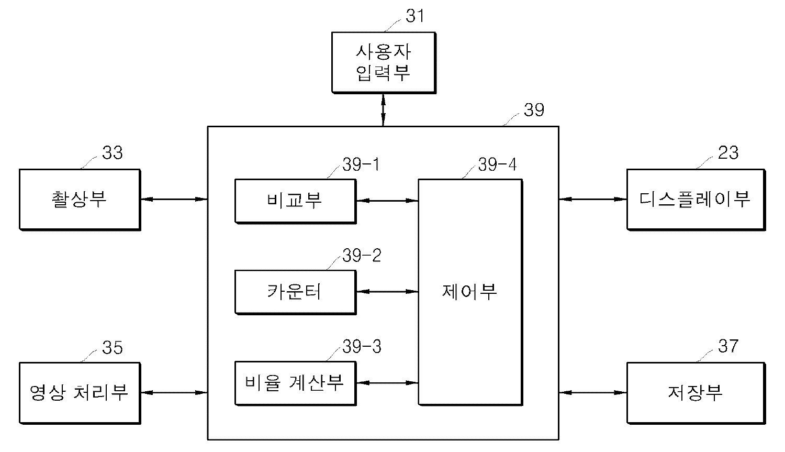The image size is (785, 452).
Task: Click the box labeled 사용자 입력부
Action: (384, 62)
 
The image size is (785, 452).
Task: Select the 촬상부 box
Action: (80, 199)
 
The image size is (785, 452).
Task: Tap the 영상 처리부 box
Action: (80, 392)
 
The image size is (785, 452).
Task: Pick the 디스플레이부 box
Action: (696, 199)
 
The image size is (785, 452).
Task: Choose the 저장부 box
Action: (696, 392)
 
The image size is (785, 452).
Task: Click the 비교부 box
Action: (295, 201)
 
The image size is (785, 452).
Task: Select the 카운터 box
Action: (295, 292)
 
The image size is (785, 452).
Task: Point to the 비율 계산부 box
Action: (295, 383)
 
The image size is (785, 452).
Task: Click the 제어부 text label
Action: (469, 291)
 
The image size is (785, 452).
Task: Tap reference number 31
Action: (415, 16)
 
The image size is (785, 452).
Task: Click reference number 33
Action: (112, 153)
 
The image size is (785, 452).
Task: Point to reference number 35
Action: (112, 348)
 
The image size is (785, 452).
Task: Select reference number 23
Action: (728, 153)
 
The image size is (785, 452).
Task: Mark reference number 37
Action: (728, 347)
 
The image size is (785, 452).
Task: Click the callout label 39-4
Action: (497, 165)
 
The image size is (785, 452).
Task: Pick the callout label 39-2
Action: (362, 256)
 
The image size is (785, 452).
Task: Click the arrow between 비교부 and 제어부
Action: (387, 200)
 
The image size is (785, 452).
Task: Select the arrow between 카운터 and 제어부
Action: (387, 292)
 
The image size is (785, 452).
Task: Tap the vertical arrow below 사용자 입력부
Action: (383, 110)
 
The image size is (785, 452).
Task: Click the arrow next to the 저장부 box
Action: (592, 392)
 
